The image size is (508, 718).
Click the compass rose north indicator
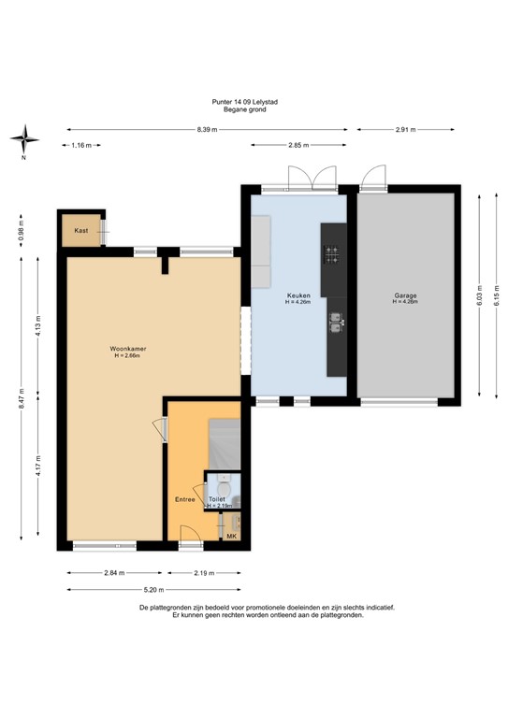24,141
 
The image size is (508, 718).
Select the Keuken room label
298,295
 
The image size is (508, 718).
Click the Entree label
184,499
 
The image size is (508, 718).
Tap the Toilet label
217,500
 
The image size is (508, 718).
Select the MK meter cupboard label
231,536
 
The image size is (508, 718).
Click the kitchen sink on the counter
335,323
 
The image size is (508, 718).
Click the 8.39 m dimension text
207,130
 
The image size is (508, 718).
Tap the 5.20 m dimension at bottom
153,589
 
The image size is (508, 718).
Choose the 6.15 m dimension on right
497,294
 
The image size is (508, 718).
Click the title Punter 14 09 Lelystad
245,101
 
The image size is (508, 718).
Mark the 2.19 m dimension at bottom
205,573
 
